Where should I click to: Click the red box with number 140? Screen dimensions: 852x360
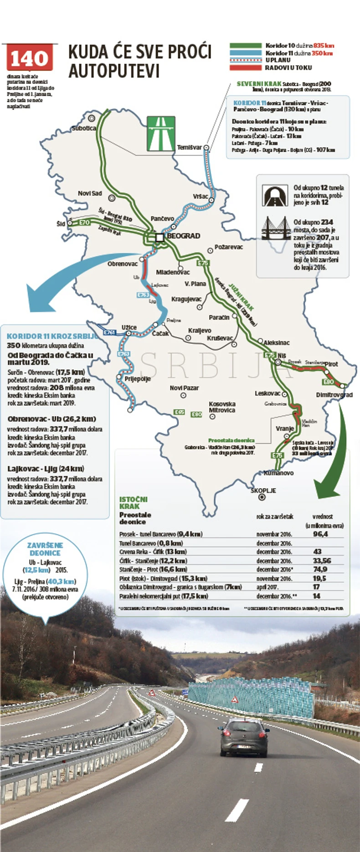29,58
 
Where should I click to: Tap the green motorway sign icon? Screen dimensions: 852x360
160,134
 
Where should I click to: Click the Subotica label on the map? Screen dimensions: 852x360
84,129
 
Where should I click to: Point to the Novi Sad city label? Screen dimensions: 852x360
90,193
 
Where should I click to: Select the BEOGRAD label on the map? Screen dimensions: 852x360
183,236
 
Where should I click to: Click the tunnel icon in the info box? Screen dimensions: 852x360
275,195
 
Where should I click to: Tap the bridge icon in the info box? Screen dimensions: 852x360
276,228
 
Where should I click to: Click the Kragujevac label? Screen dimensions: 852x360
186,299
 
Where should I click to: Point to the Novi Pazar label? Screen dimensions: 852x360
184,388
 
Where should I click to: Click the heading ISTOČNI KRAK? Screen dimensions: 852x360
133,503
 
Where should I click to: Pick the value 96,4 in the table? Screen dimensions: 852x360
320,533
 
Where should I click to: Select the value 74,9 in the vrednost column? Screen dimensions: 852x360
320,569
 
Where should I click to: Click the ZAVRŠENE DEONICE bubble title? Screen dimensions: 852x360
45,549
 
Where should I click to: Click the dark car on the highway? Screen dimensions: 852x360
244,737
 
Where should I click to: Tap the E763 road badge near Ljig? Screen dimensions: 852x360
143,295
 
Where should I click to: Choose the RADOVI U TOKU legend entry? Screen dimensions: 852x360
288,67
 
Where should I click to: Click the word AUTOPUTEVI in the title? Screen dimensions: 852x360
114,72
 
